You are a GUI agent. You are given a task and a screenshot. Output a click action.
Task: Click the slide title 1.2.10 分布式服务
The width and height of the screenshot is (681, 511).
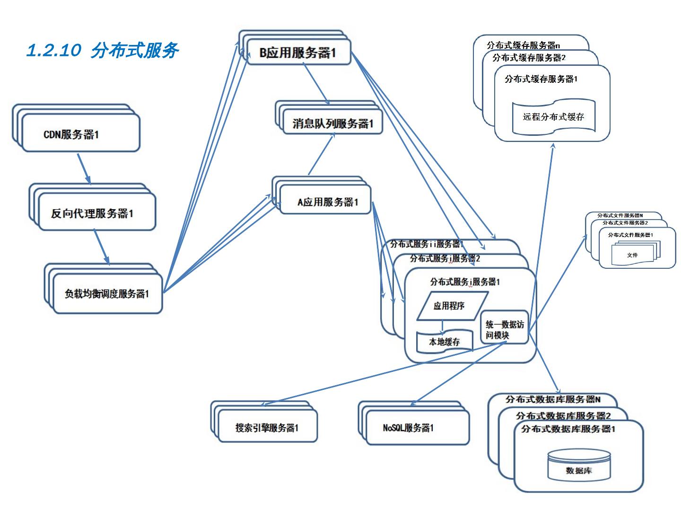(102, 50)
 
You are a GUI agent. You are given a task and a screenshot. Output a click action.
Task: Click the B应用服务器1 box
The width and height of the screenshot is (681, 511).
(298, 53)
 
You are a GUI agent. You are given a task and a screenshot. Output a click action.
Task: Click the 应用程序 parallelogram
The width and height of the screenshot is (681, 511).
(448, 306)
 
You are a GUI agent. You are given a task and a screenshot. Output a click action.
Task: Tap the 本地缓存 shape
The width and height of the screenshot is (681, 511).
(445, 342)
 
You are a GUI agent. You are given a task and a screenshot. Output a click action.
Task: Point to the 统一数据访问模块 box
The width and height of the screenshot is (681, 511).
(504, 329)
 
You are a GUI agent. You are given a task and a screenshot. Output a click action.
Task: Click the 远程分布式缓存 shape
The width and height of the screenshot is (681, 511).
(553, 116)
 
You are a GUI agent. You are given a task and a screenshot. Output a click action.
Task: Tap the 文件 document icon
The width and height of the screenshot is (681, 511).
(633, 255)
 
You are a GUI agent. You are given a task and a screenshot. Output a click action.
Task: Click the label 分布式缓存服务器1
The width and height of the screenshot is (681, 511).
(540, 79)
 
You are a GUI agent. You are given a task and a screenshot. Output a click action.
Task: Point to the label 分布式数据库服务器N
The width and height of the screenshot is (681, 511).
(553, 399)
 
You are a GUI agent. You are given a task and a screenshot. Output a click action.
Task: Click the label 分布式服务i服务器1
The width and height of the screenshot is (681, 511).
(464, 282)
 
